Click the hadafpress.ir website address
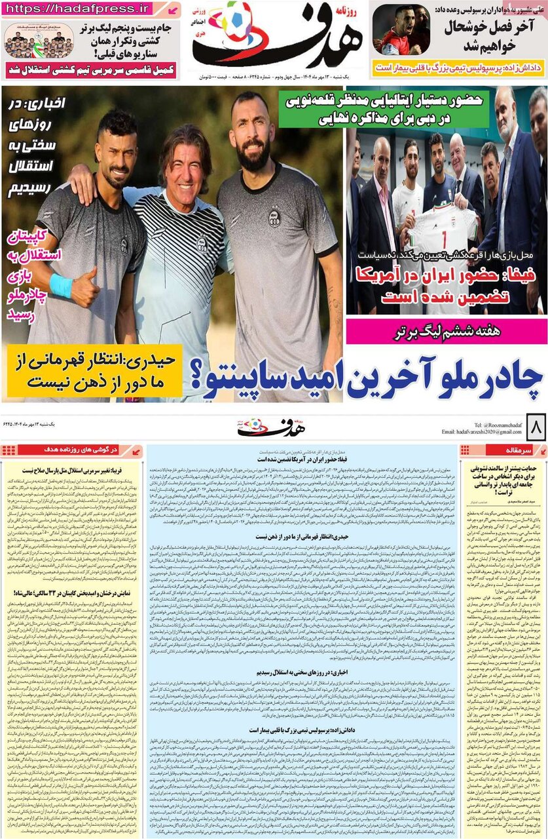click(79, 9)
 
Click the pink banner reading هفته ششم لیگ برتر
click(447, 332)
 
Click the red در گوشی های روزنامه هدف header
click(73, 450)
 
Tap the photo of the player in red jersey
click(400, 30)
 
